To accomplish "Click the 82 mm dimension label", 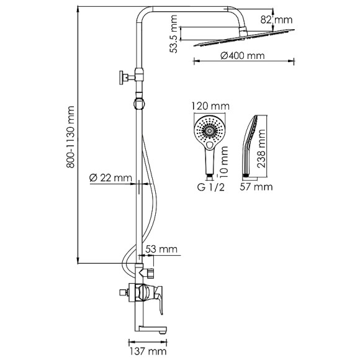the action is pos(276,20).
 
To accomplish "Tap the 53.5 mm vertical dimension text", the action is pos(174,34).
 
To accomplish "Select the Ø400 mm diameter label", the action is pos(243,56).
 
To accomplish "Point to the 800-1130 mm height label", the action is pos(71,137).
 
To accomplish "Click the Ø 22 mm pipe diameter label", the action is pos(110,178).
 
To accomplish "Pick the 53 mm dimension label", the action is pos(161,249).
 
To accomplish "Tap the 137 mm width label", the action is pos(148,351).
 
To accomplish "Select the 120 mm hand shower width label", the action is pos(210,106).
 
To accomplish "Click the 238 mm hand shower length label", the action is pos(261,149).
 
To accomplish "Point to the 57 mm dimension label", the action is pos(256,187).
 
